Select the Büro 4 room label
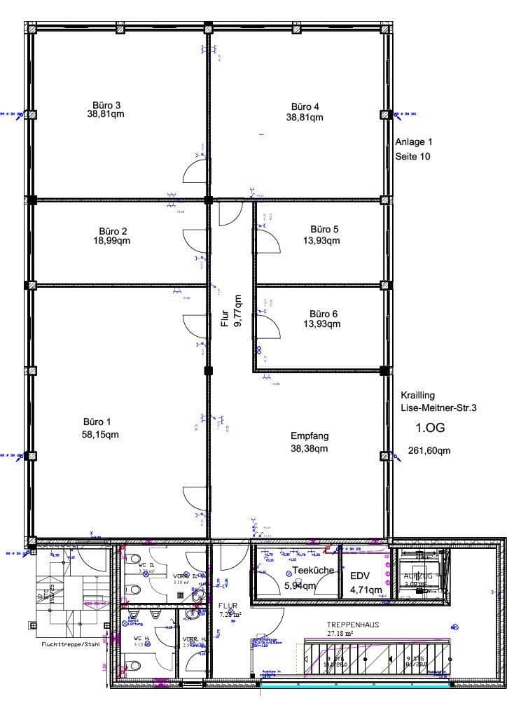pyautogui.click(x=305, y=106)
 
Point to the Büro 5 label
pyautogui.click(x=324, y=229)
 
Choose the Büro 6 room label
pyautogui.click(x=324, y=314)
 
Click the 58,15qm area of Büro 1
pyautogui.click(x=100, y=434)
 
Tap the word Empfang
pyautogui.click(x=310, y=436)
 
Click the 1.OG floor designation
pyautogui.click(x=431, y=428)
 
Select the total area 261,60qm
pyautogui.click(x=429, y=451)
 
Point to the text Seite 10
pyautogui.click(x=413, y=156)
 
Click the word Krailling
pyautogui.click(x=417, y=395)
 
